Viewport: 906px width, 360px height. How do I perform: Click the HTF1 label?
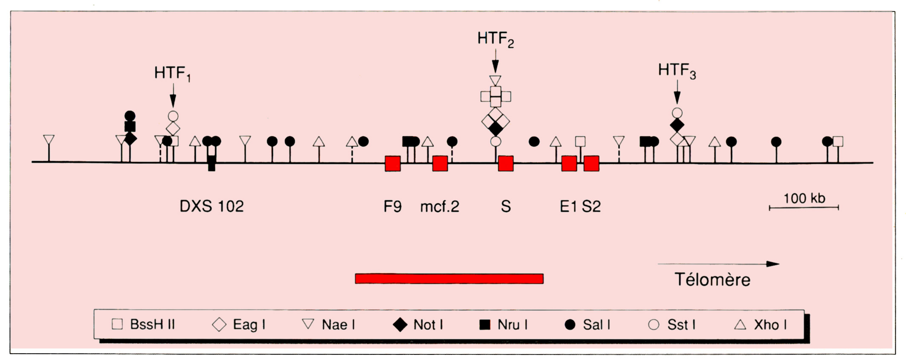click(x=172, y=74)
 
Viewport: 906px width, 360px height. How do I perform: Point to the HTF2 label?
click(x=495, y=39)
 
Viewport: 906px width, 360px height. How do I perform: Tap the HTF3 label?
click(x=677, y=71)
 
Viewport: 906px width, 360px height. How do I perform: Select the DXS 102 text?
click(x=211, y=206)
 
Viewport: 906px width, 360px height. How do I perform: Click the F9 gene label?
click(x=392, y=207)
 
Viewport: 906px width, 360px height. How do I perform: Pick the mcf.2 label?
click(x=440, y=207)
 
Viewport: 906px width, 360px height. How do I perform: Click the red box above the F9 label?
click(x=393, y=163)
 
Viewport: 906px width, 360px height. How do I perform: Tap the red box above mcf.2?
click(x=440, y=163)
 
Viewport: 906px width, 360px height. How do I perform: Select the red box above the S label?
click(x=506, y=163)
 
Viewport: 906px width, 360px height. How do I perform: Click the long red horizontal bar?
click(x=449, y=279)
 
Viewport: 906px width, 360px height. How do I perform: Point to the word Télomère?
click(x=712, y=280)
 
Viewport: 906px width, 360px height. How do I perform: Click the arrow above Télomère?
click(x=718, y=264)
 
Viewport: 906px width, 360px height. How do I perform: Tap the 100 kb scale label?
click(x=804, y=198)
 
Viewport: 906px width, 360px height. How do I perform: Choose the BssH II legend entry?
click(x=143, y=325)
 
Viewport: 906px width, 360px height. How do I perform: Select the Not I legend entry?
click(x=418, y=325)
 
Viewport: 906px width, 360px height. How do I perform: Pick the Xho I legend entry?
click(x=761, y=325)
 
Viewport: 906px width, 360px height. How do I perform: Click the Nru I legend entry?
click(x=504, y=325)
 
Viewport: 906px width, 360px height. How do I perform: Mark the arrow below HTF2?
click(x=495, y=61)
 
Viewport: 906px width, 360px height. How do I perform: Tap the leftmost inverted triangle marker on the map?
click(x=49, y=140)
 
